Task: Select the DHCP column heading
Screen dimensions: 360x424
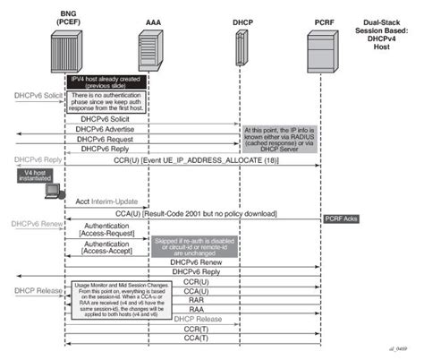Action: click(x=239, y=19)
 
